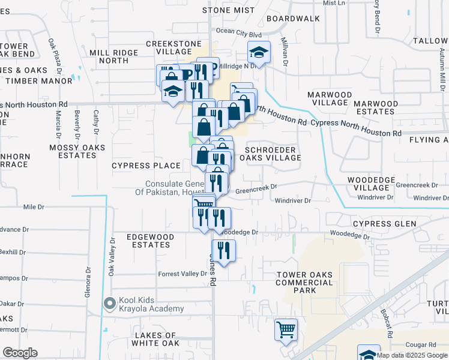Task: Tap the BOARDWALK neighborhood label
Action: (293, 19)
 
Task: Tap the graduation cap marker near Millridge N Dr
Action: (259, 52)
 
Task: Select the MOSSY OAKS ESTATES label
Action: (77, 151)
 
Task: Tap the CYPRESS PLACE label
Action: (146, 165)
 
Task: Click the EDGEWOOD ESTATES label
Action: (150, 241)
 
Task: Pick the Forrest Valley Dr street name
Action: (182, 274)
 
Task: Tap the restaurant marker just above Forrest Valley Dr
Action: (223, 251)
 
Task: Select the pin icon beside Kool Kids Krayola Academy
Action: (109, 304)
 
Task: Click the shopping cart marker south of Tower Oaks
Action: (286, 329)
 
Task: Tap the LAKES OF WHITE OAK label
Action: (155, 339)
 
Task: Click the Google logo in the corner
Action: (20, 353)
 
